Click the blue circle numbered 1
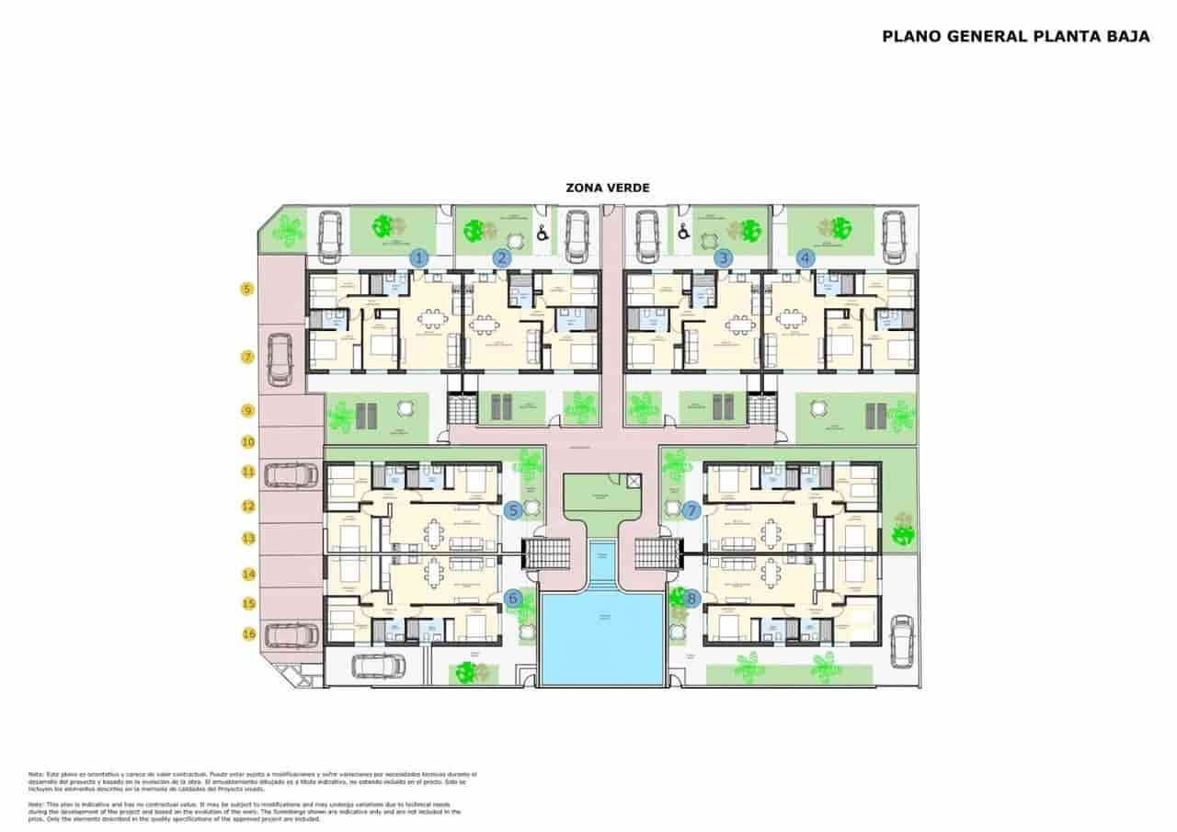click(419, 258)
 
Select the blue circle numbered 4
click(806, 258)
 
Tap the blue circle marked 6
click(514, 598)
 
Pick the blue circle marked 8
click(691, 598)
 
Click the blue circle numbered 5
click(514, 510)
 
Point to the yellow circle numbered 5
click(246, 290)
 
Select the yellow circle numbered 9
click(246, 411)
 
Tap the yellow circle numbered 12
click(247, 506)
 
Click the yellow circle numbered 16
click(247, 633)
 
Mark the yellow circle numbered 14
click(247, 574)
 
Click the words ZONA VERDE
click(608, 188)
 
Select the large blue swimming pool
click(602, 638)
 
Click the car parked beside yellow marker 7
click(280, 359)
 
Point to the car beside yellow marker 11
click(291, 474)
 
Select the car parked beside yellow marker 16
click(291, 634)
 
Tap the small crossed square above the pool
click(633, 480)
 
